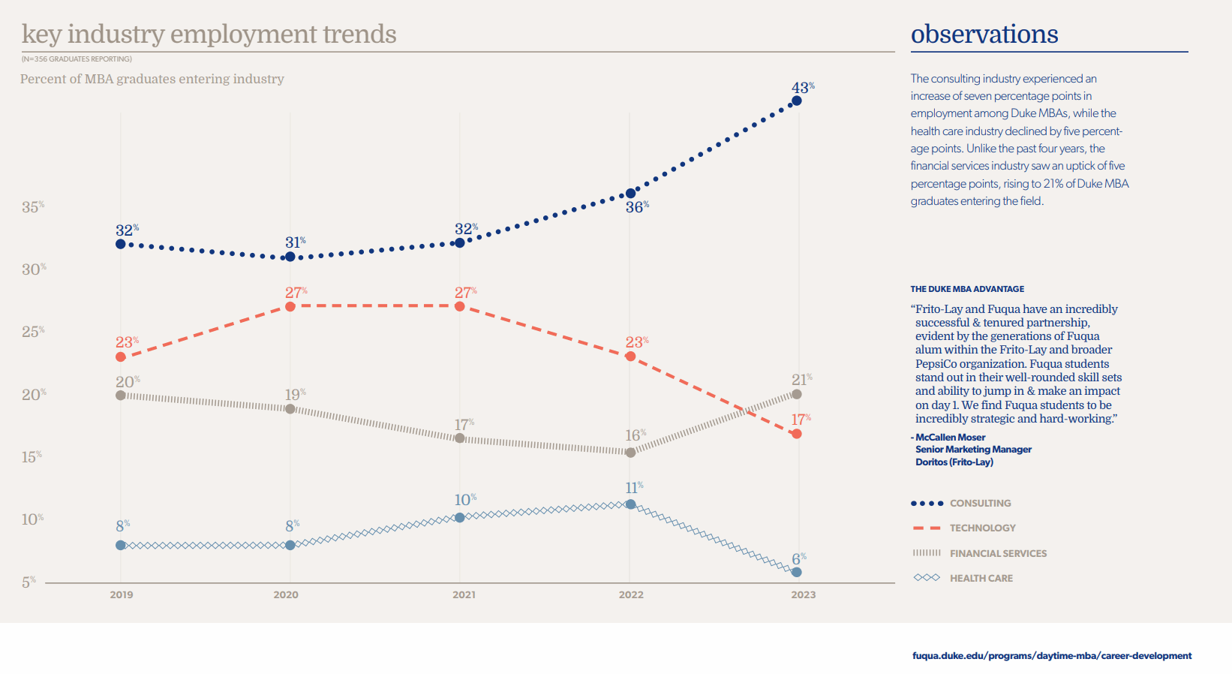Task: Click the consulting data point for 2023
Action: coord(797,101)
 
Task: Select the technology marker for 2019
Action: coord(121,357)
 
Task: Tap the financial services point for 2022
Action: coord(630,453)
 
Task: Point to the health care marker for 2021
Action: coord(460,517)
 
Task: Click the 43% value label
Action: coord(802,89)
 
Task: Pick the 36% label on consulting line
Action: coord(636,207)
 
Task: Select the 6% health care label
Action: coord(798,559)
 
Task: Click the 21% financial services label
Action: coord(801,380)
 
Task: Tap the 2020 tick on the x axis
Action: coord(286,594)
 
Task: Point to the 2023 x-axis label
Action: coord(803,594)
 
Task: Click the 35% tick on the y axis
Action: coord(32,207)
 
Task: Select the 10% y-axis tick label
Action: coord(32,519)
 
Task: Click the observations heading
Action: coord(984,35)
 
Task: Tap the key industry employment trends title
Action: coord(209,35)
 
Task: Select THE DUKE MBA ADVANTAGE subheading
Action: coord(967,289)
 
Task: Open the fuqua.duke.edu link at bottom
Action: coord(1051,656)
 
